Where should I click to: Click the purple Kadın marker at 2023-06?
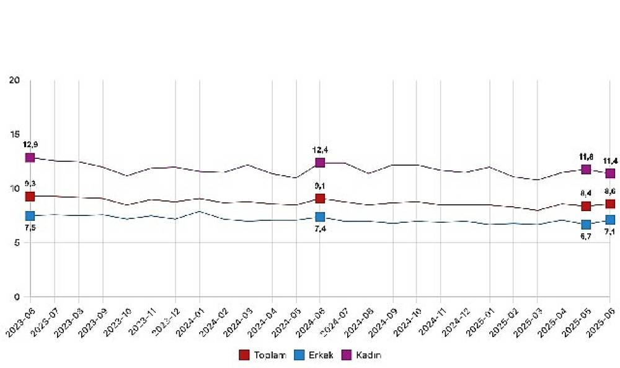(30, 158)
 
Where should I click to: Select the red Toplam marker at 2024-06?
(320, 199)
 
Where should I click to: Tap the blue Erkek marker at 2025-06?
(610, 220)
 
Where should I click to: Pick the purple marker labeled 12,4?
(320, 163)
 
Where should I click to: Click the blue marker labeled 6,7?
(586, 224)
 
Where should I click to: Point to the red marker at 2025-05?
(586, 206)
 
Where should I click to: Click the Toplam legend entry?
(260, 355)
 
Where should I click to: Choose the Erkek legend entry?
(319, 355)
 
